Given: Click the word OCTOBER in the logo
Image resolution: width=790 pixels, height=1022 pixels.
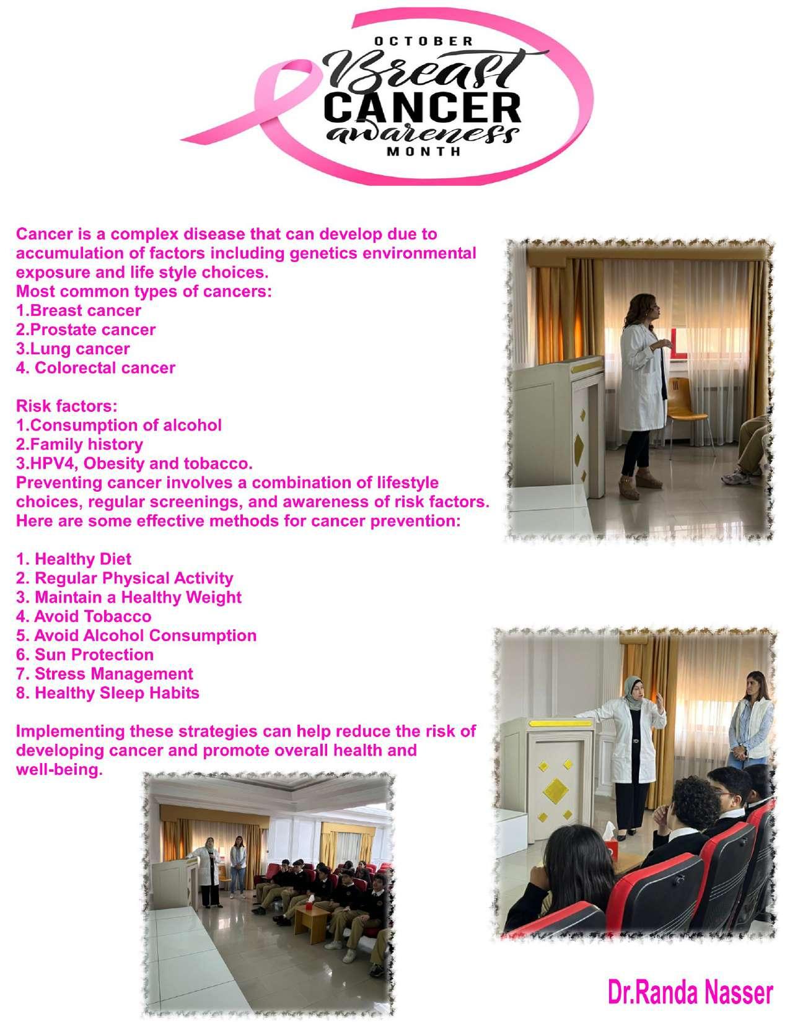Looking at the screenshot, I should pos(424,41).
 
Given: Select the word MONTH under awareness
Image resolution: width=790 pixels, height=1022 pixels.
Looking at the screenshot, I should pos(424,152).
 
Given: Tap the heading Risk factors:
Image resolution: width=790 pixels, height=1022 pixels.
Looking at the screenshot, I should pos(66,406).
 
